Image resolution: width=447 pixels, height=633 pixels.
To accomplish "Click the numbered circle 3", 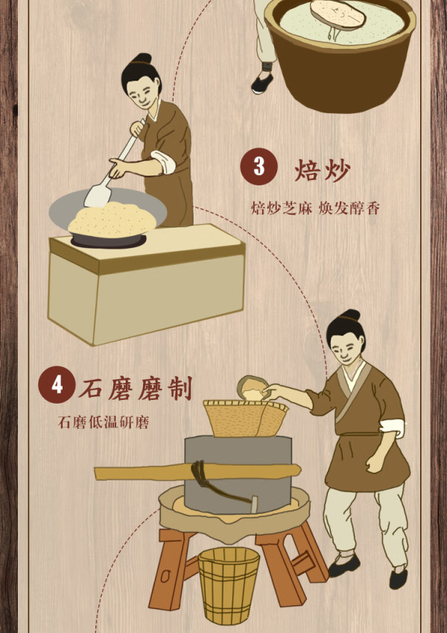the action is [259, 166].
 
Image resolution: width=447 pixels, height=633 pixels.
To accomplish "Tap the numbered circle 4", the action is [57, 384].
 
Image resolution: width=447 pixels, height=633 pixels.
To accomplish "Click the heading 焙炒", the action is [322, 171].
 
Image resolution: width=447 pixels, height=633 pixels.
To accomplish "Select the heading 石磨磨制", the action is [135, 388].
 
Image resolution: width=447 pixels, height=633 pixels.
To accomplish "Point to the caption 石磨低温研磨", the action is [104, 422].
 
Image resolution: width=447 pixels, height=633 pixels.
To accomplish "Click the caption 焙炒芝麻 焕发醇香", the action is [315, 209].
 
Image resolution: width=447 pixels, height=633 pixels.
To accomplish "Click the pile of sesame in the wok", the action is [112, 219].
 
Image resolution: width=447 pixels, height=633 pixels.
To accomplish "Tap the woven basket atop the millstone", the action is [246, 419].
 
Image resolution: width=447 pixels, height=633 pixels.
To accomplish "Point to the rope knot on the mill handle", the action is [199, 473].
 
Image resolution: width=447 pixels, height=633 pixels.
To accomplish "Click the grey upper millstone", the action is [238, 472].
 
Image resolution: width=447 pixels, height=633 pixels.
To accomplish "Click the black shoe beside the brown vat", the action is [262, 83].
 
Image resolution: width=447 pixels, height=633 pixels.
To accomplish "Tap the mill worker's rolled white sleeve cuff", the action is [393, 428].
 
